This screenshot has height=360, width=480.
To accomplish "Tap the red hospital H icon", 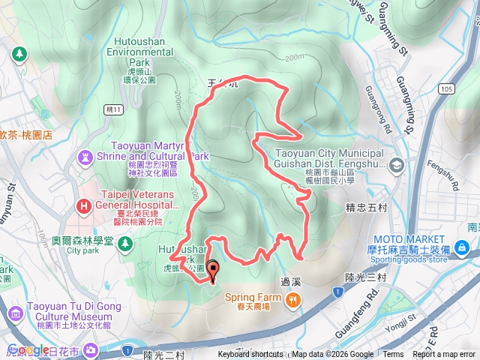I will point(84,205).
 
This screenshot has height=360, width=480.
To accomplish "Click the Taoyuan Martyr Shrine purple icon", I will point(84,157).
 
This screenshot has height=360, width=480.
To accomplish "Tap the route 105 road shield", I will point(448,89).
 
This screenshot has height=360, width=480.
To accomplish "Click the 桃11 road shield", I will point(113,109).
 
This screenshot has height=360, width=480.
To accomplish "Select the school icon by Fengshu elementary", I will point(397,163).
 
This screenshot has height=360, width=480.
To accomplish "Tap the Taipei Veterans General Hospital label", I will point(134,205).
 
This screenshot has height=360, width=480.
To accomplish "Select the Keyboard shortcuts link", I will point(250,355).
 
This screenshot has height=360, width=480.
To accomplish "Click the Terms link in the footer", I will point(393,355).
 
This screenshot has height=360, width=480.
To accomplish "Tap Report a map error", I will point(445,355).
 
